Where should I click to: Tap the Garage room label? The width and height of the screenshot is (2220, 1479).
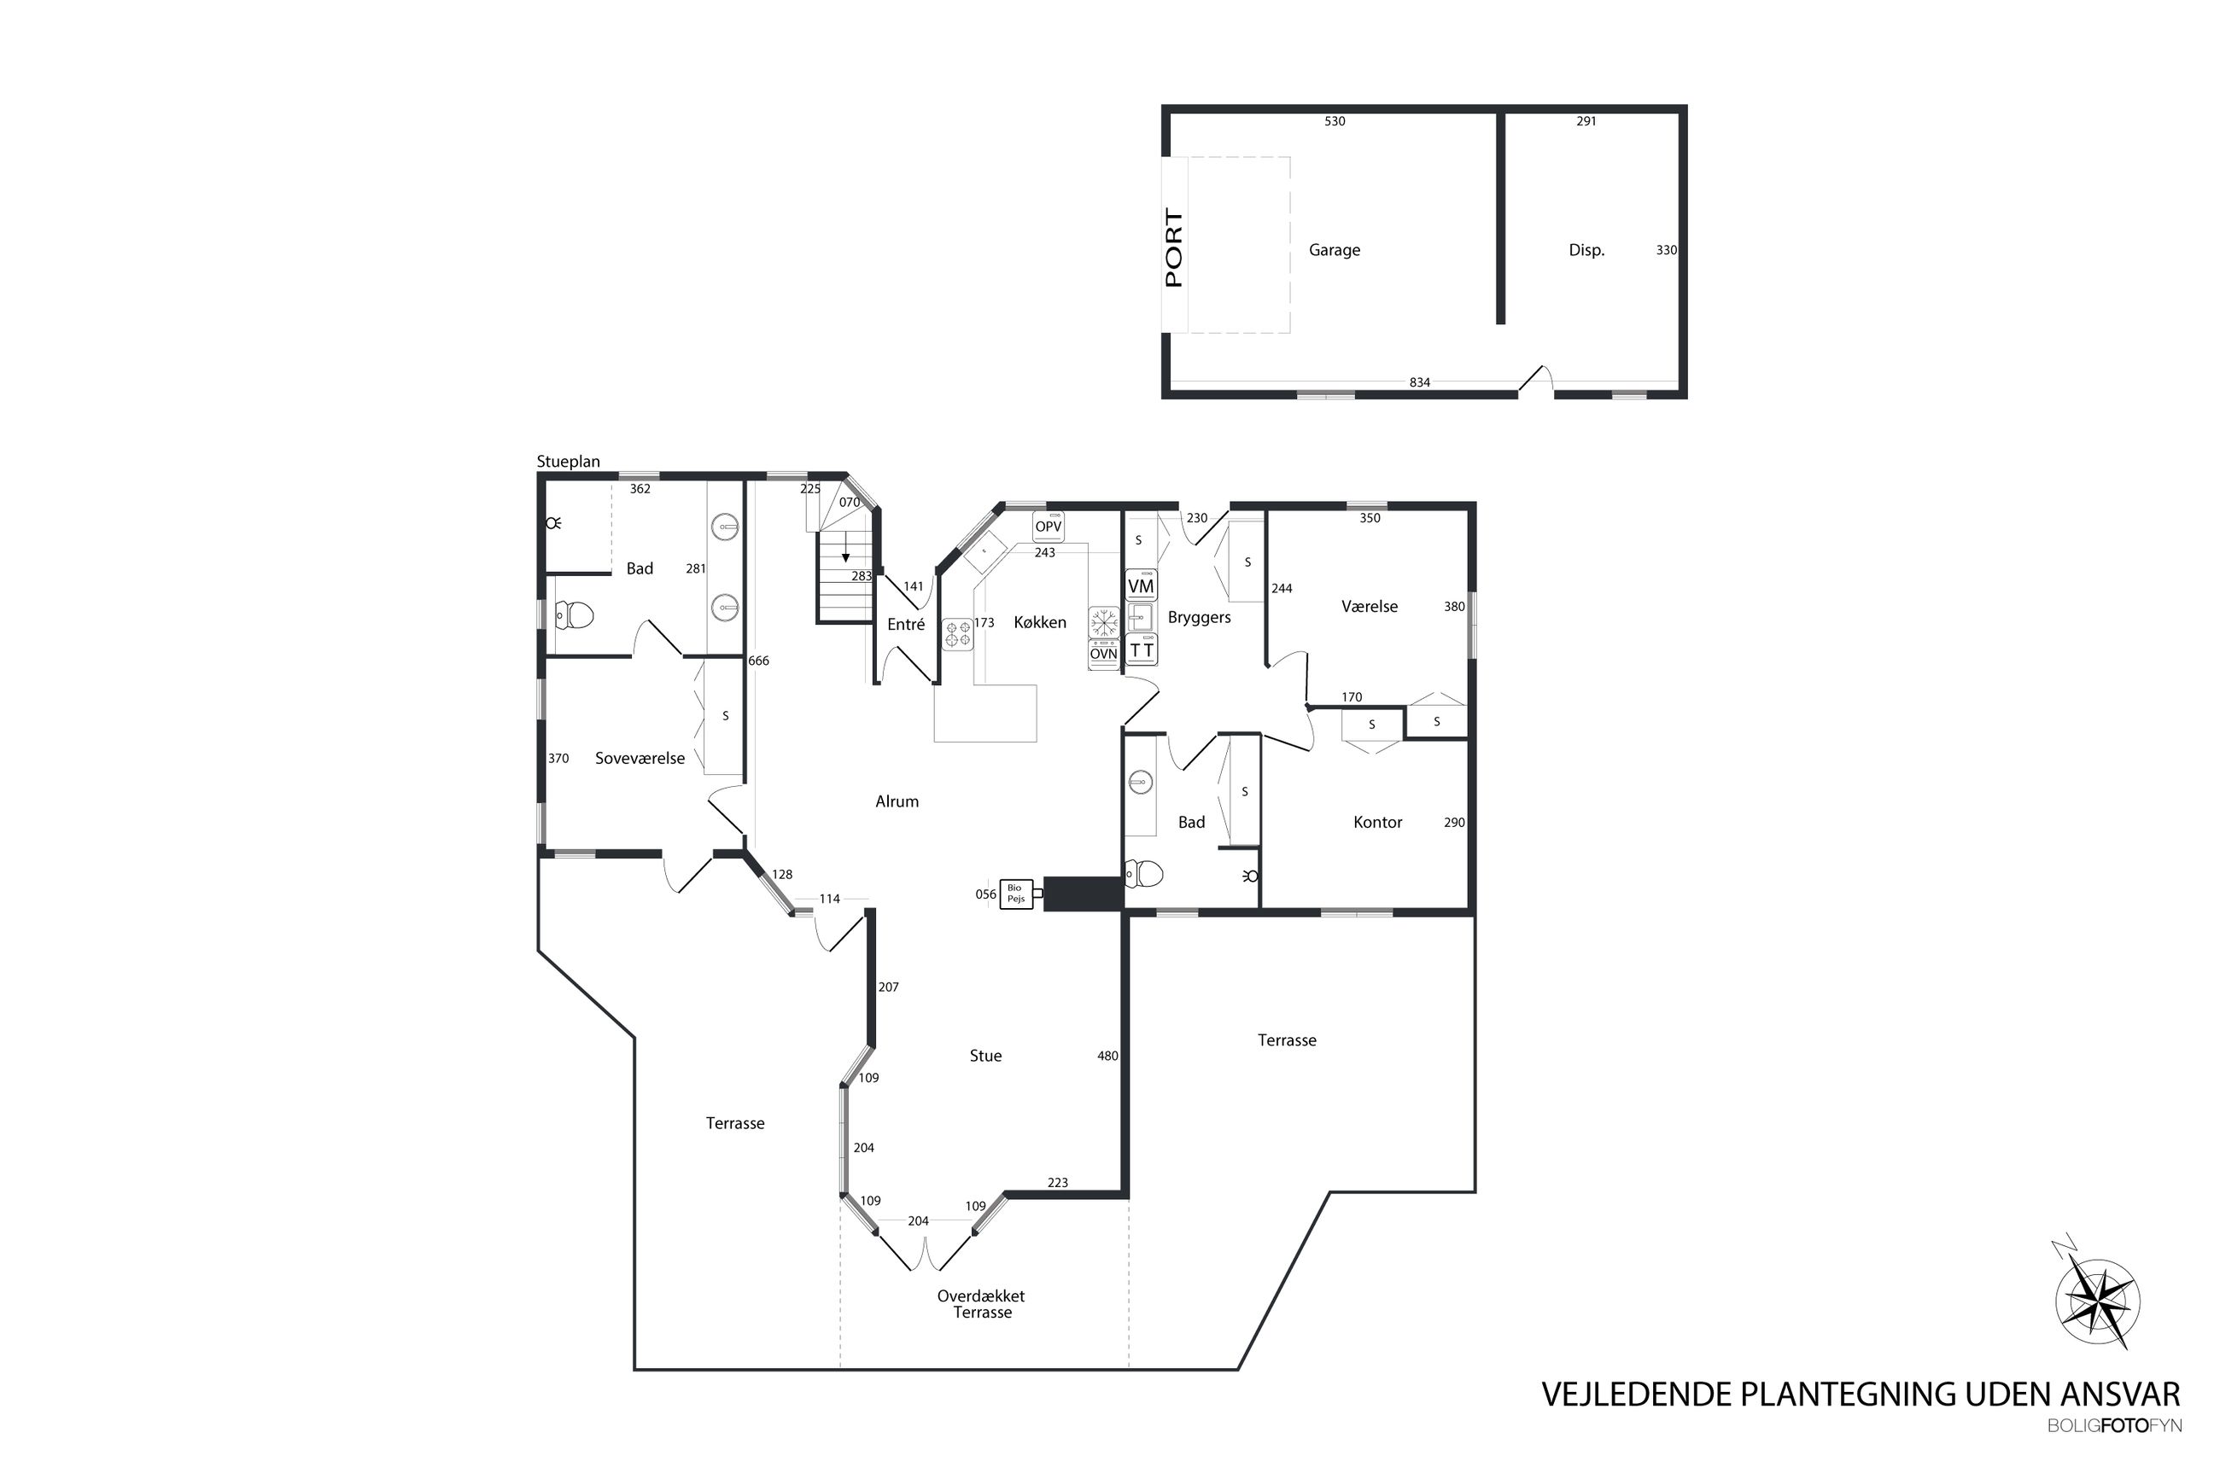1333,250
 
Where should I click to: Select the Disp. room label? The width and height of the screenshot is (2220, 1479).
1585,250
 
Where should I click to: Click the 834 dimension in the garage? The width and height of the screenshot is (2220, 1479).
1418,382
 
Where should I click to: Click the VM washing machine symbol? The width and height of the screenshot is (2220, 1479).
1140,585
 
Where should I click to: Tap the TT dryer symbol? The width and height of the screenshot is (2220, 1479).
1141,650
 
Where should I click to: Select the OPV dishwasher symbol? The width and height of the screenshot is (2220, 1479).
1048,527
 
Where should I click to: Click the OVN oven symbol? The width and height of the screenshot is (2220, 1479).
1103,654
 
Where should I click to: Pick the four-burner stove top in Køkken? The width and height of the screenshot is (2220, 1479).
958,635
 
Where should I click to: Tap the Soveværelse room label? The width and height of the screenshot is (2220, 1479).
639,759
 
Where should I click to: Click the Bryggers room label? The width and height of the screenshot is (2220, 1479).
1198,618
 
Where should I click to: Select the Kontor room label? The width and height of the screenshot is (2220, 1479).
1376,823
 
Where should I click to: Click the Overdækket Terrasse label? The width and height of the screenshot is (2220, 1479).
980,1303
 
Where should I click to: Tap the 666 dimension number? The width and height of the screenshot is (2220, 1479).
757,661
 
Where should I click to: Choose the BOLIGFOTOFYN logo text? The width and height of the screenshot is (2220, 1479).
2113,1453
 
